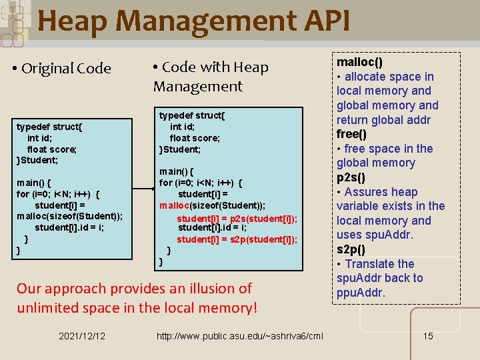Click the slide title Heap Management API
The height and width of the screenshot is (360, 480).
(x=193, y=21)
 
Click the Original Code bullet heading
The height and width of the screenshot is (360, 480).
(x=66, y=69)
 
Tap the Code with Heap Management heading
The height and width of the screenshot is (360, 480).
(x=211, y=76)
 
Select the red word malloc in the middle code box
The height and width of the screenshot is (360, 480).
(x=175, y=205)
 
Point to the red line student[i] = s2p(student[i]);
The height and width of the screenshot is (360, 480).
(x=237, y=239)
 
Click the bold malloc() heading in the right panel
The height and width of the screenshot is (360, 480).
(x=360, y=62)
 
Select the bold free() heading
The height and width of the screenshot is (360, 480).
(x=351, y=134)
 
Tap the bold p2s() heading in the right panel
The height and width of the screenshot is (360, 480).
(x=351, y=177)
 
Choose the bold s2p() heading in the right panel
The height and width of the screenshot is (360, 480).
(x=351, y=249)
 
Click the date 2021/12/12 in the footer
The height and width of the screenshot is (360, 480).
(x=81, y=335)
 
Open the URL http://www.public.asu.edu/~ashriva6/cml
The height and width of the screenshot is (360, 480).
(x=239, y=335)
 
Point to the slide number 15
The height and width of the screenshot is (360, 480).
(x=428, y=335)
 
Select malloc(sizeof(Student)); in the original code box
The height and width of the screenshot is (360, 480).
(x=70, y=216)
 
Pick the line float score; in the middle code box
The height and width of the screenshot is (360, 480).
(x=195, y=138)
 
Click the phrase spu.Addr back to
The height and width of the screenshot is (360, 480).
(x=379, y=278)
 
